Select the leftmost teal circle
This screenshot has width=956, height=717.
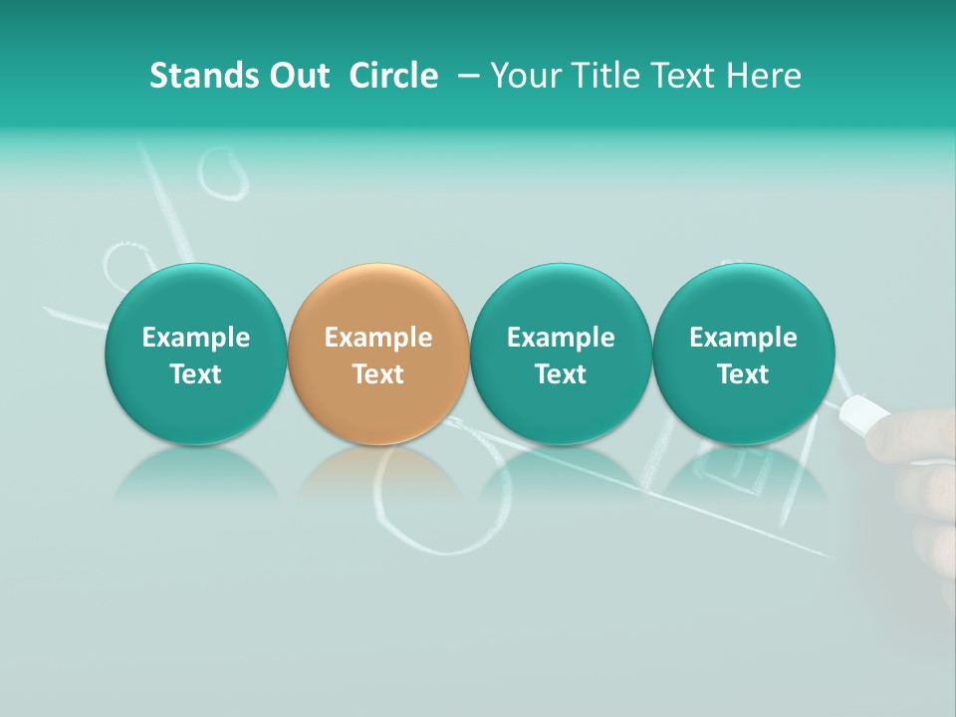click(x=195, y=299)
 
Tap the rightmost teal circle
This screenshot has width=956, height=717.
click(x=743, y=299)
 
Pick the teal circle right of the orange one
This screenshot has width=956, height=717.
click(x=561, y=299)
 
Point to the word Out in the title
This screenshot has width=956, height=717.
click(x=299, y=76)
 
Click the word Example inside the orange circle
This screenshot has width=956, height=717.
click(x=378, y=338)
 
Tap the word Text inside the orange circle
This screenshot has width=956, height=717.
click(x=378, y=374)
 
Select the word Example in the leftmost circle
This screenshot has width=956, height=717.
click(x=195, y=338)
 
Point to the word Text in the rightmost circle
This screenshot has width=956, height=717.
click(x=743, y=374)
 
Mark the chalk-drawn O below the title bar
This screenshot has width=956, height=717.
click(x=224, y=174)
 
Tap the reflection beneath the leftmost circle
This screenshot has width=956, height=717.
click(x=195, y=473)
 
